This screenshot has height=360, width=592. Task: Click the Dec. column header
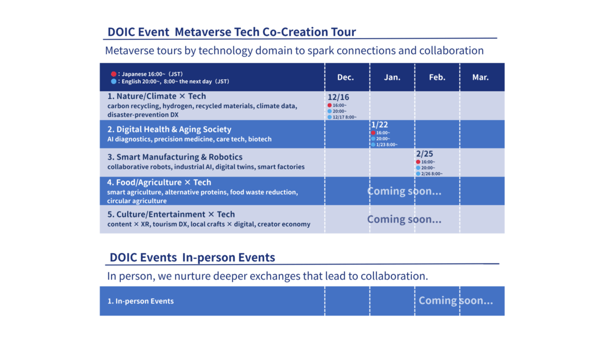pyautogui.click(x=346, y=77)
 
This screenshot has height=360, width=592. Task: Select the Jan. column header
pyautogui.click(x=392, y=77)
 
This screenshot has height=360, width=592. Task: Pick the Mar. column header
pyautogui.click(x=480, y=77)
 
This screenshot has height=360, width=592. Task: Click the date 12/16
pyautogui.click(x=338, y=97)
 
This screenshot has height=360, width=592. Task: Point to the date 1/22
pyautogui.click(x=379, y=125)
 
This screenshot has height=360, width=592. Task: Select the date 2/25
pyautogui.click(x=424, y=154)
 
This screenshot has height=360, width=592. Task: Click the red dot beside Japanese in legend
pyautogui.click(x=114, y=75)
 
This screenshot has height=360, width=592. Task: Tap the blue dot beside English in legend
pyautogui.click(x=114, y=81)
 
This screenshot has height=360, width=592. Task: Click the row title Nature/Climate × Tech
pyautogui.click(x=157, y=97)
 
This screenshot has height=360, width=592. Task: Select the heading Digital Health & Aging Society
pyautogui.click(x=169, y=129)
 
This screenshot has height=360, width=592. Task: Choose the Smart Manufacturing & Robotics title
pyautogui.click(x=175, y=157)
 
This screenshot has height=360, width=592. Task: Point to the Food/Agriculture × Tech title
pyautogui.click(x=160, y=183)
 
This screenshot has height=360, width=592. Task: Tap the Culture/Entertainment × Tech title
pyautogui.click(x=171, y=214)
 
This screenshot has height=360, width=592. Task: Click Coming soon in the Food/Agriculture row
pyautogui.click(x=404, y=191)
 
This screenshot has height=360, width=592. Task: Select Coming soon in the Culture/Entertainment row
pyautogui.click(x=404, y=220)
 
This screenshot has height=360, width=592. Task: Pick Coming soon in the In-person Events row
pyautogui.click(x=456, y=300)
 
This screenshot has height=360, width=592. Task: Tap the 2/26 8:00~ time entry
pyautogui.click(x=431, y=174)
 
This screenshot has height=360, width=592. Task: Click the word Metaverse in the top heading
pyautogui.click(x=202, y=32)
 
